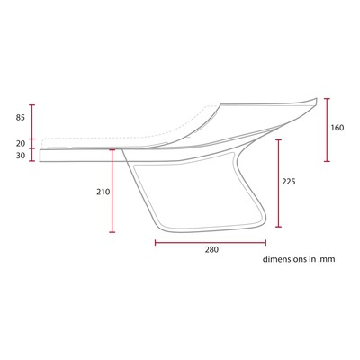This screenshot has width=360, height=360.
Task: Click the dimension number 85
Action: coord(21,118)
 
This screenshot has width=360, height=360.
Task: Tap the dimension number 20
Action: coord(21,144)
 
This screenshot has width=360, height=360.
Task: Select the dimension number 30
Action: coord(21,156)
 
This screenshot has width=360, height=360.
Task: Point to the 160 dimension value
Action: coord(337,128)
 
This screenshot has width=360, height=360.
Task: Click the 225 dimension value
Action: coord(289,182)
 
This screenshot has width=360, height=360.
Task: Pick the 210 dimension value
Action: coord(103,192)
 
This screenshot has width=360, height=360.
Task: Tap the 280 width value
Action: coord(211,249)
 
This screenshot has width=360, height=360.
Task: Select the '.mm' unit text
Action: coord(326,260)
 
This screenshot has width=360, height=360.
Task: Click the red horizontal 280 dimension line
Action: coord(211,243)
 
